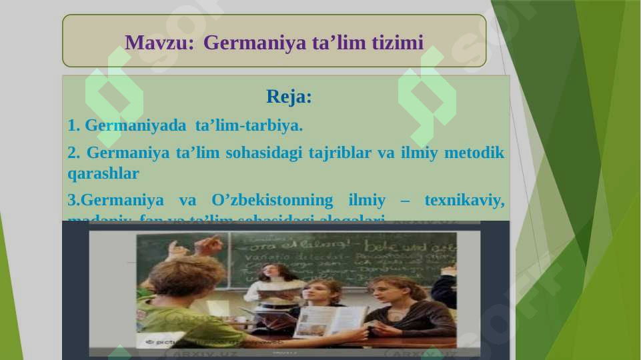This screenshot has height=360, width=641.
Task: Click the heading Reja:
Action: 289,97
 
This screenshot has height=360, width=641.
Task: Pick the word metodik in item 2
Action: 476,153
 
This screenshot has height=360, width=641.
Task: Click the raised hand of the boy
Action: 209,245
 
